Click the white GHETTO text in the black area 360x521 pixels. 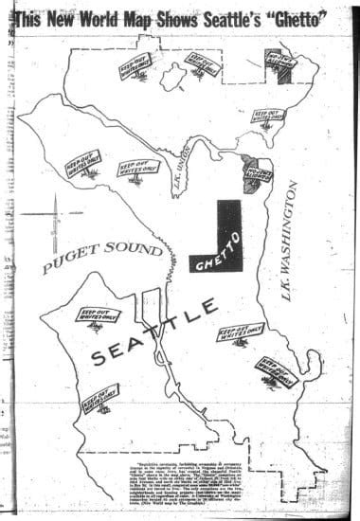(x=220, y=249)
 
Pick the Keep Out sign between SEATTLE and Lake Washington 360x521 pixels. (x=241, y=332)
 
